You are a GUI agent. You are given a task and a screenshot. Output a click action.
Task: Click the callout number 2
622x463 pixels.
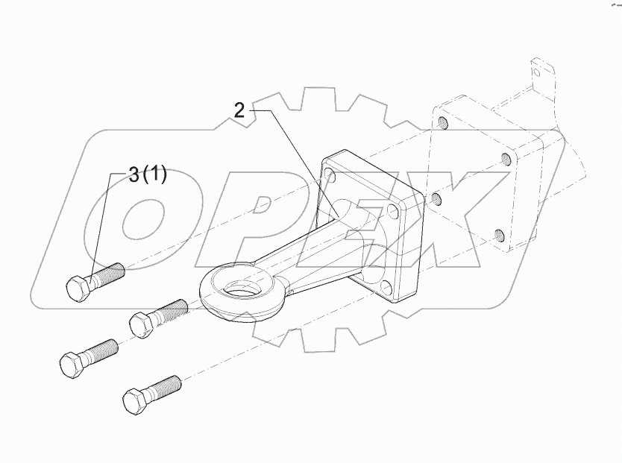[x=239, y=110]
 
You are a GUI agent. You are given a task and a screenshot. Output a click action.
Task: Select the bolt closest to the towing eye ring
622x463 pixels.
[x=157, y=316]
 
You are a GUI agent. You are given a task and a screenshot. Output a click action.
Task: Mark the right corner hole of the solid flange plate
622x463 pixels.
[x=391, y=212]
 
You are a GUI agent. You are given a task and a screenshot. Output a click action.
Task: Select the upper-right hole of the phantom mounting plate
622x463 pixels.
[x=506, y=158]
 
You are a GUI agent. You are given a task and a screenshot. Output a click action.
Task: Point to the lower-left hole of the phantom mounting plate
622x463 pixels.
[x=436, y=199]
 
